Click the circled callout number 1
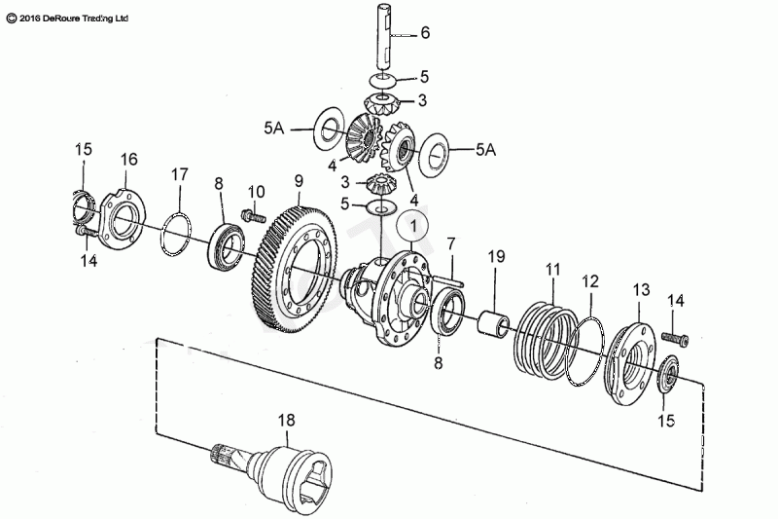(413, 227)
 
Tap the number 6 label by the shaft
(425, 33)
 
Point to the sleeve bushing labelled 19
(493, 323)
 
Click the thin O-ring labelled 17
(175, 235)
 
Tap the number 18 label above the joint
(286, 421)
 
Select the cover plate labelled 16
(123, 218)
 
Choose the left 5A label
(273, 129)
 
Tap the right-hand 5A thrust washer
(434, 155)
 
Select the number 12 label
(590, 282)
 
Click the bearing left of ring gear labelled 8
(226, 248)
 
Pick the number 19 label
(496, 256)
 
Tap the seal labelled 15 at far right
(668, 375)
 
